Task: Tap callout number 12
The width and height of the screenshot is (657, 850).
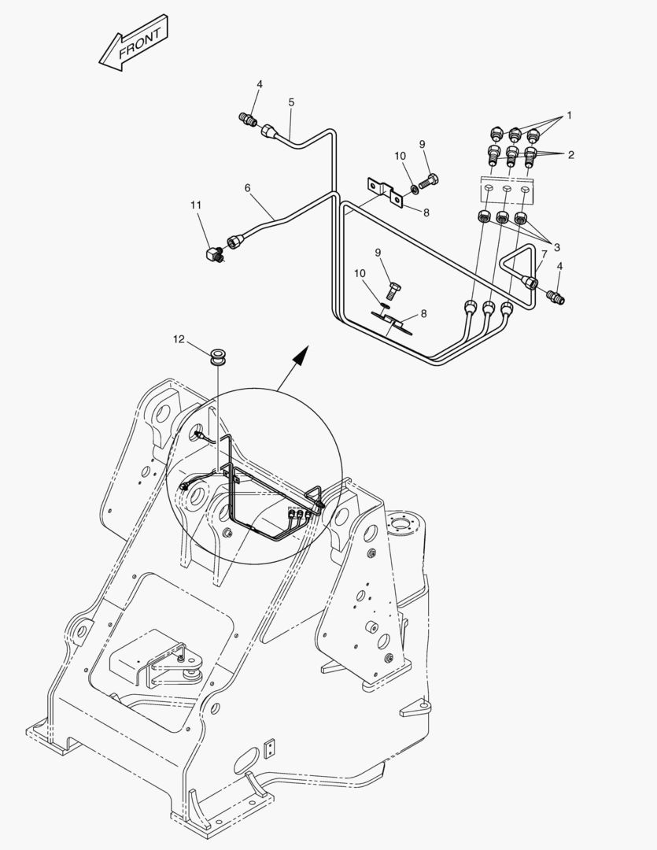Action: click(179, 339)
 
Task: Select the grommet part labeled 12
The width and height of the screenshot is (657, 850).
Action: click(218, 353)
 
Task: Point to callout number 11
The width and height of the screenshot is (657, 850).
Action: click(195, 205)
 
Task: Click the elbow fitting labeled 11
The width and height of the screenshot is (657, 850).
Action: click(212, 254)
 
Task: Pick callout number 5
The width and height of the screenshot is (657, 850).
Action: click(291, 102)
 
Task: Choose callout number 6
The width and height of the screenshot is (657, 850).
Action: click(247, 188)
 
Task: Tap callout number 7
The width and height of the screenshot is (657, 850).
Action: click(544, 253)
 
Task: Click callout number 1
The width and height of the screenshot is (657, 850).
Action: click(569, 115)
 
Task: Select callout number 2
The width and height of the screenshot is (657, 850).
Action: click(570, 154)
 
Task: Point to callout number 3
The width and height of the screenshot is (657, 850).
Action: click(556, 246)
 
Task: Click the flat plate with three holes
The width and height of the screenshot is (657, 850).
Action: click(508, 189)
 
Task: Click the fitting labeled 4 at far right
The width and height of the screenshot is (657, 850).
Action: click(555, 297)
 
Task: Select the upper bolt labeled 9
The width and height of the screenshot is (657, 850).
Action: click(430, 181)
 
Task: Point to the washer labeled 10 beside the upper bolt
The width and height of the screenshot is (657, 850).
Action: click(413, 189)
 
